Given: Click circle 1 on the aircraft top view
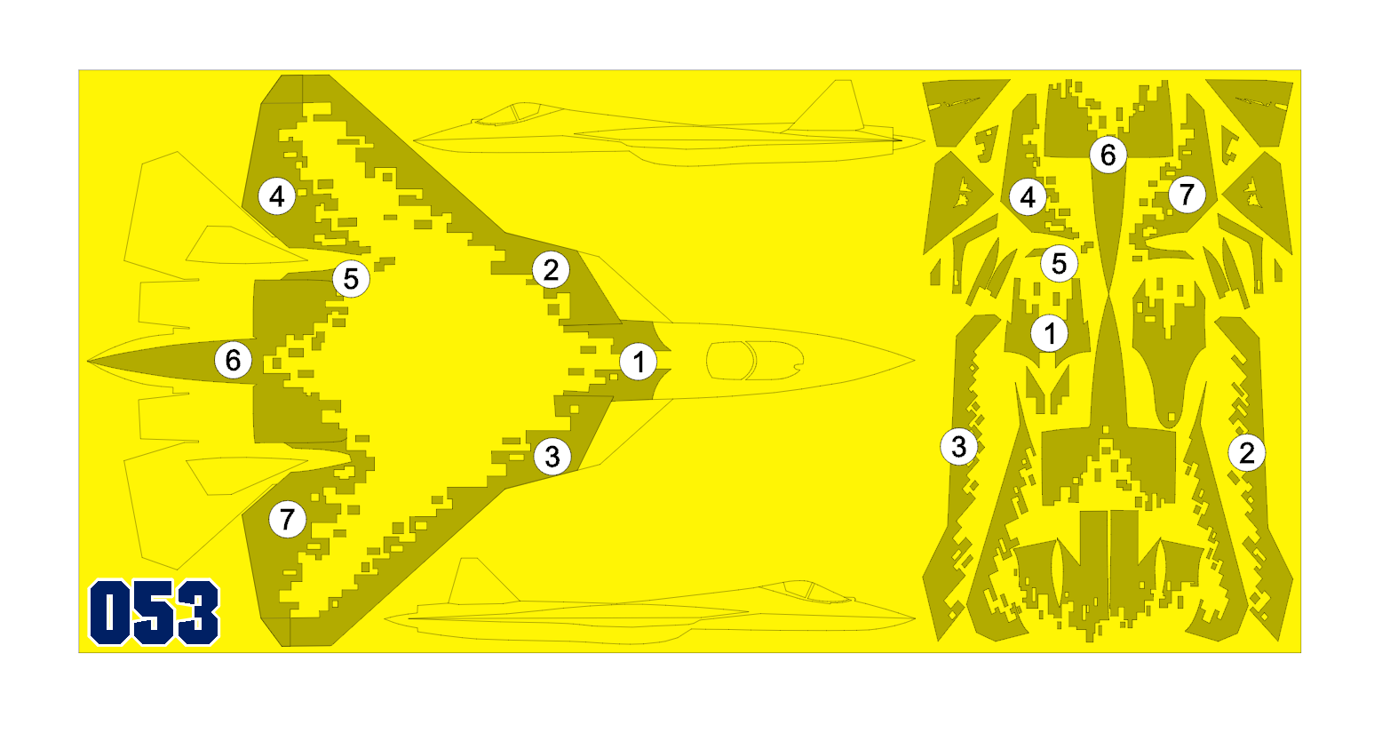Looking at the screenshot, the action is coord(639,363).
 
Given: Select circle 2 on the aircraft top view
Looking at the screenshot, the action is coord(551,269).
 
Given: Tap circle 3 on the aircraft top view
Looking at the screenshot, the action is coord(552,457).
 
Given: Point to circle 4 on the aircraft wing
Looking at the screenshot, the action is coord(277,196).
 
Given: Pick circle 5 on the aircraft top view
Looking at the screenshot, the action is coord(351,279).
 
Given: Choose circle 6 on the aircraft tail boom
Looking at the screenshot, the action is coord(234,361).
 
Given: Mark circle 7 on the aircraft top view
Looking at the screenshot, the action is coord(288,519).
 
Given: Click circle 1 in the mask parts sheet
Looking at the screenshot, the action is coord(1050,334).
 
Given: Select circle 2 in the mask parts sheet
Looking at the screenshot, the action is coord(1247,453).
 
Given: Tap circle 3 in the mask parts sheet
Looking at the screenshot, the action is coord(958,447).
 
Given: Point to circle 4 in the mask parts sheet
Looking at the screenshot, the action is coord(1028,197).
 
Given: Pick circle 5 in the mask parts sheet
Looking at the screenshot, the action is coord(1060,264).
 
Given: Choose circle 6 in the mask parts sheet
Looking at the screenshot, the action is coord(1108,155).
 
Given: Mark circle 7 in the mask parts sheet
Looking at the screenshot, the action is coord(1187,195).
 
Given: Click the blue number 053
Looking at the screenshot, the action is coord(155,612).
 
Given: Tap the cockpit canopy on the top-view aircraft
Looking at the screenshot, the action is coord(755,361).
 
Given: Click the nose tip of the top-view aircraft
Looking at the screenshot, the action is coord(914,361).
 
